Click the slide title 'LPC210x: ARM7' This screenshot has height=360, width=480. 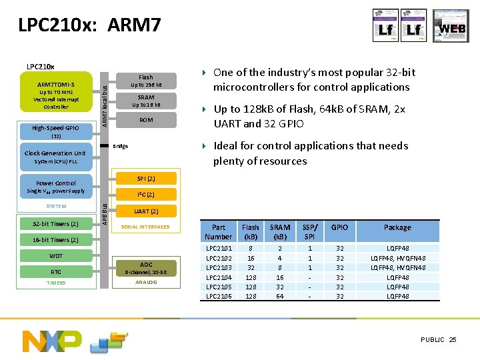[x=89, y=26]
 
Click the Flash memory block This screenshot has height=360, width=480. [x=145, y=81]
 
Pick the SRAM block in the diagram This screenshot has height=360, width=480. [x=145, y=101]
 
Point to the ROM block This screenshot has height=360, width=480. [x=145, y=120]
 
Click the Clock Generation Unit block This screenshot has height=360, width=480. [x=55, y=157]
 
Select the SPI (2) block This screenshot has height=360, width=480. [x=145, y=179]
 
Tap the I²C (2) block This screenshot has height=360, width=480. [x=145, y=195]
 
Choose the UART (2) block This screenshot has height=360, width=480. [x=145, y=211]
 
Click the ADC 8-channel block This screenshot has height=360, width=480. [x=145, y=268]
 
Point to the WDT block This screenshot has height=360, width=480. [x=56, y=256]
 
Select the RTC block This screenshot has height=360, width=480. [x=56, y=271]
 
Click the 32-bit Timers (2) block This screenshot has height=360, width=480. [x=56, y=224]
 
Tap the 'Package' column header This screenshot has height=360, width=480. [x=397, y=228]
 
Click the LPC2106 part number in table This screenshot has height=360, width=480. [x=218, y=296]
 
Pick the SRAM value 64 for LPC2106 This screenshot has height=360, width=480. [x=280, y=296]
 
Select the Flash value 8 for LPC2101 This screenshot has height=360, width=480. [x=251, y=248]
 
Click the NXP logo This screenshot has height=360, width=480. [x=51, y=341]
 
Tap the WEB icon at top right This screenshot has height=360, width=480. [x=451, y=27]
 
